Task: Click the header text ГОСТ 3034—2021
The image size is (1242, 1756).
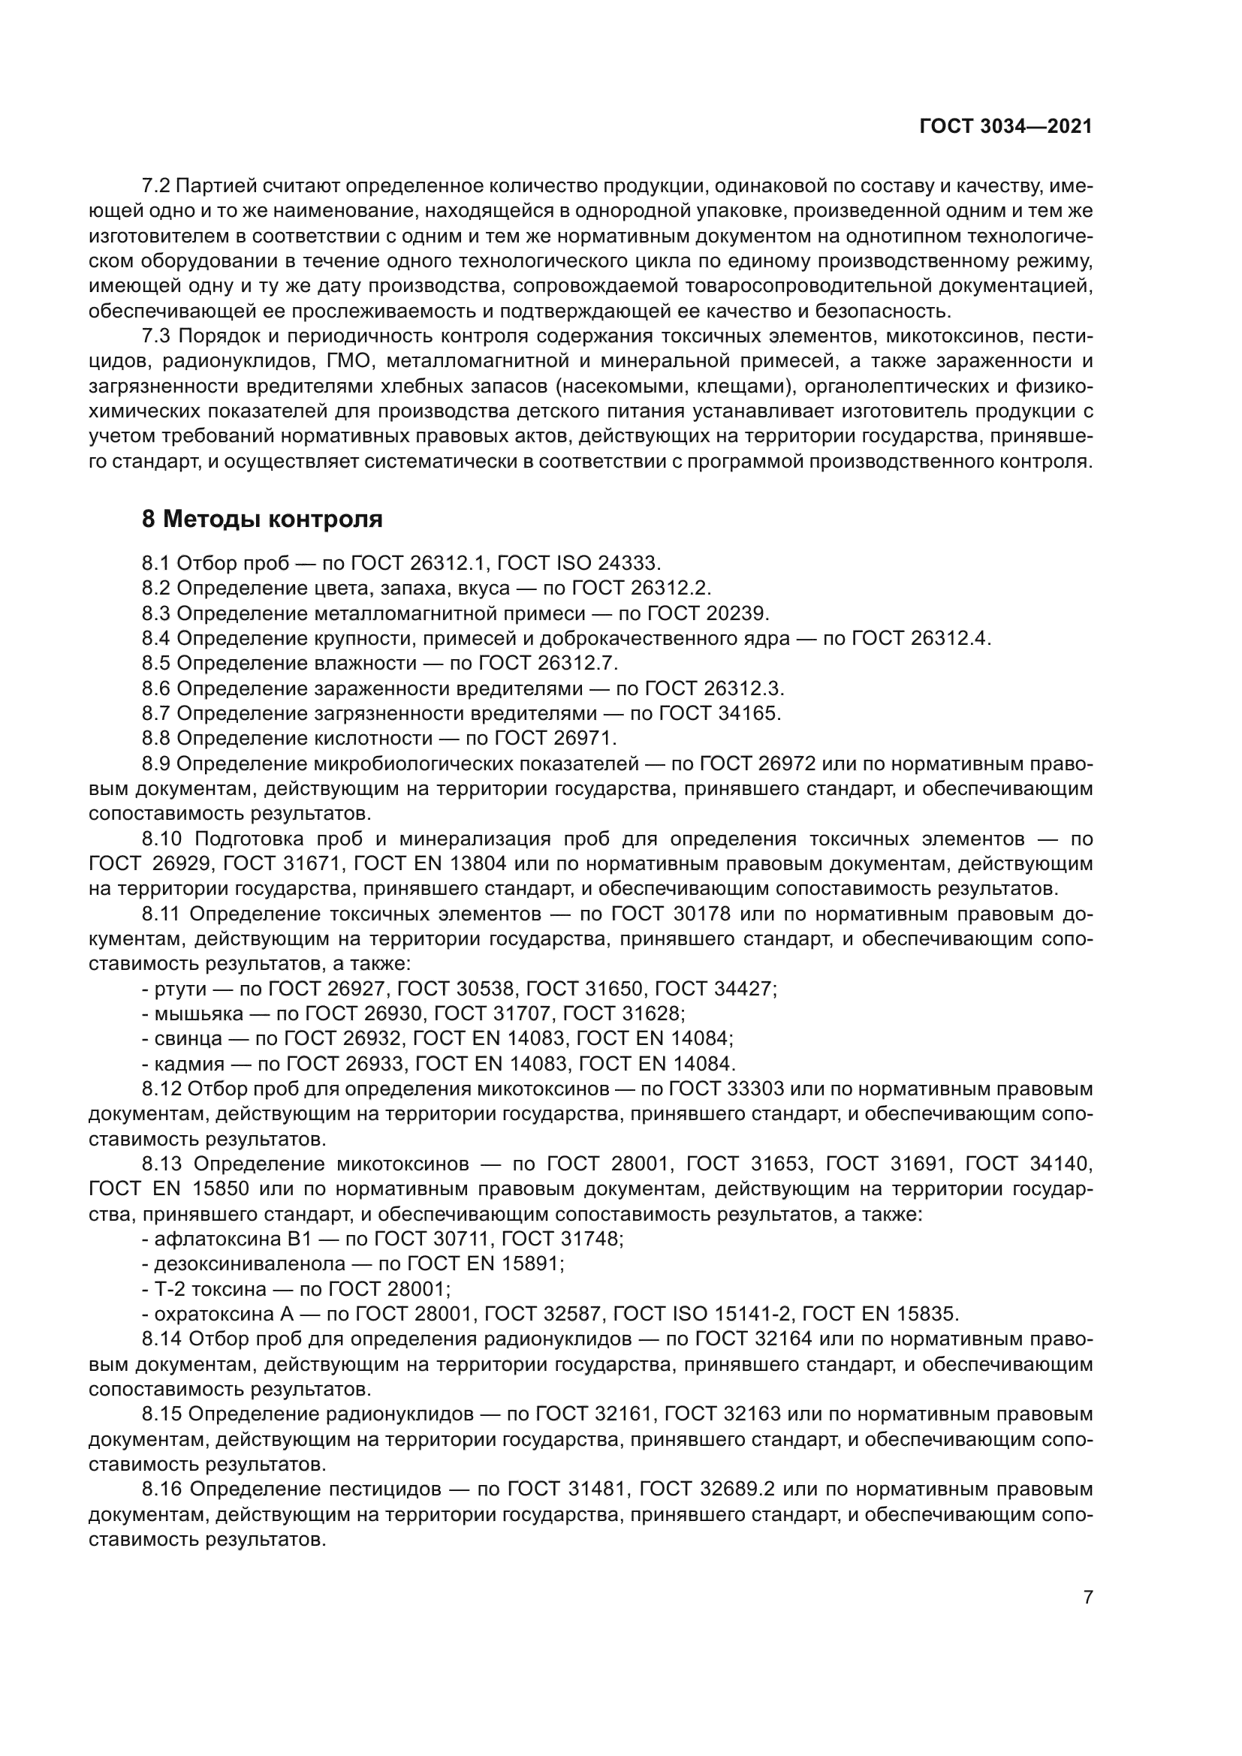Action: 1005,127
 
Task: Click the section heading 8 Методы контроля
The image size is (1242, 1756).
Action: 262,520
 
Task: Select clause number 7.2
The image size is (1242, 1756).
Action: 158,186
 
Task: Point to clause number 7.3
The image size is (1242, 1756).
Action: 158,336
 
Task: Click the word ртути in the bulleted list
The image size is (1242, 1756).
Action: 180,989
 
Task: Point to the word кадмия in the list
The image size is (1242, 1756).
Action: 190,1064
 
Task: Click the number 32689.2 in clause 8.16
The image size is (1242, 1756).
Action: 737,1489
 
